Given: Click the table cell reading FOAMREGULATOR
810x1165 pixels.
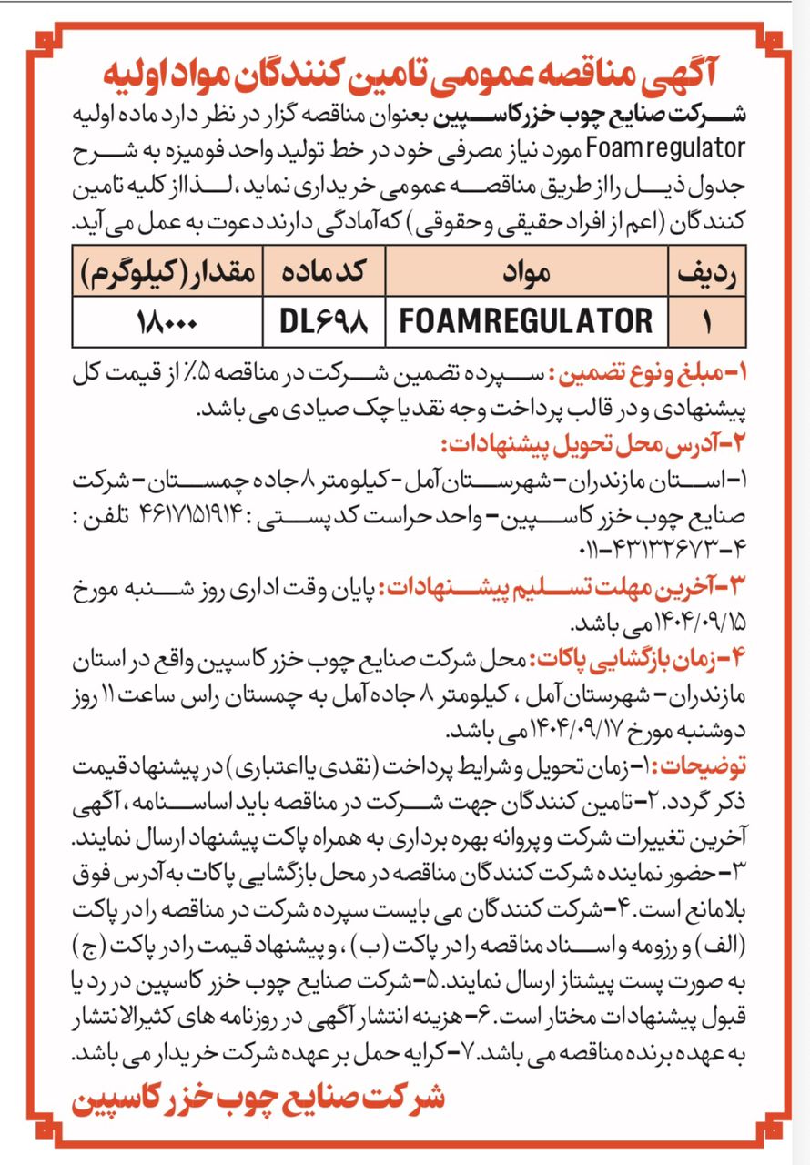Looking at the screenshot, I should (526, 320).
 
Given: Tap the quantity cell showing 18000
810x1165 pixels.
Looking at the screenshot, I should (165, 321).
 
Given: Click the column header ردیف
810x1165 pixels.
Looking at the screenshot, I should (708, 272).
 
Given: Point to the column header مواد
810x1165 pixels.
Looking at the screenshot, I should (525, 272).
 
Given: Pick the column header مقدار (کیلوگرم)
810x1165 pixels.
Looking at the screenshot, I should (165, 272).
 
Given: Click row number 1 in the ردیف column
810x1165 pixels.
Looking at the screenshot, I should (708, 321).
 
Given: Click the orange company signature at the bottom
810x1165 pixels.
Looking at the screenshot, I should (258, 1097).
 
